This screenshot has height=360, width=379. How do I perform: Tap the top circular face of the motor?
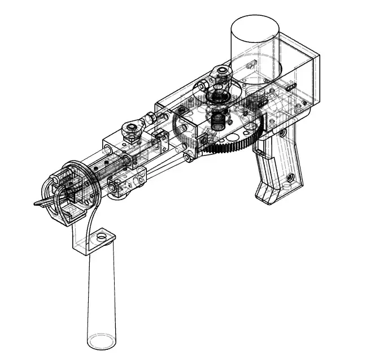(x=255, y=25)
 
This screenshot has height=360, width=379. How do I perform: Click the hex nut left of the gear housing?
(x=151, y=118)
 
